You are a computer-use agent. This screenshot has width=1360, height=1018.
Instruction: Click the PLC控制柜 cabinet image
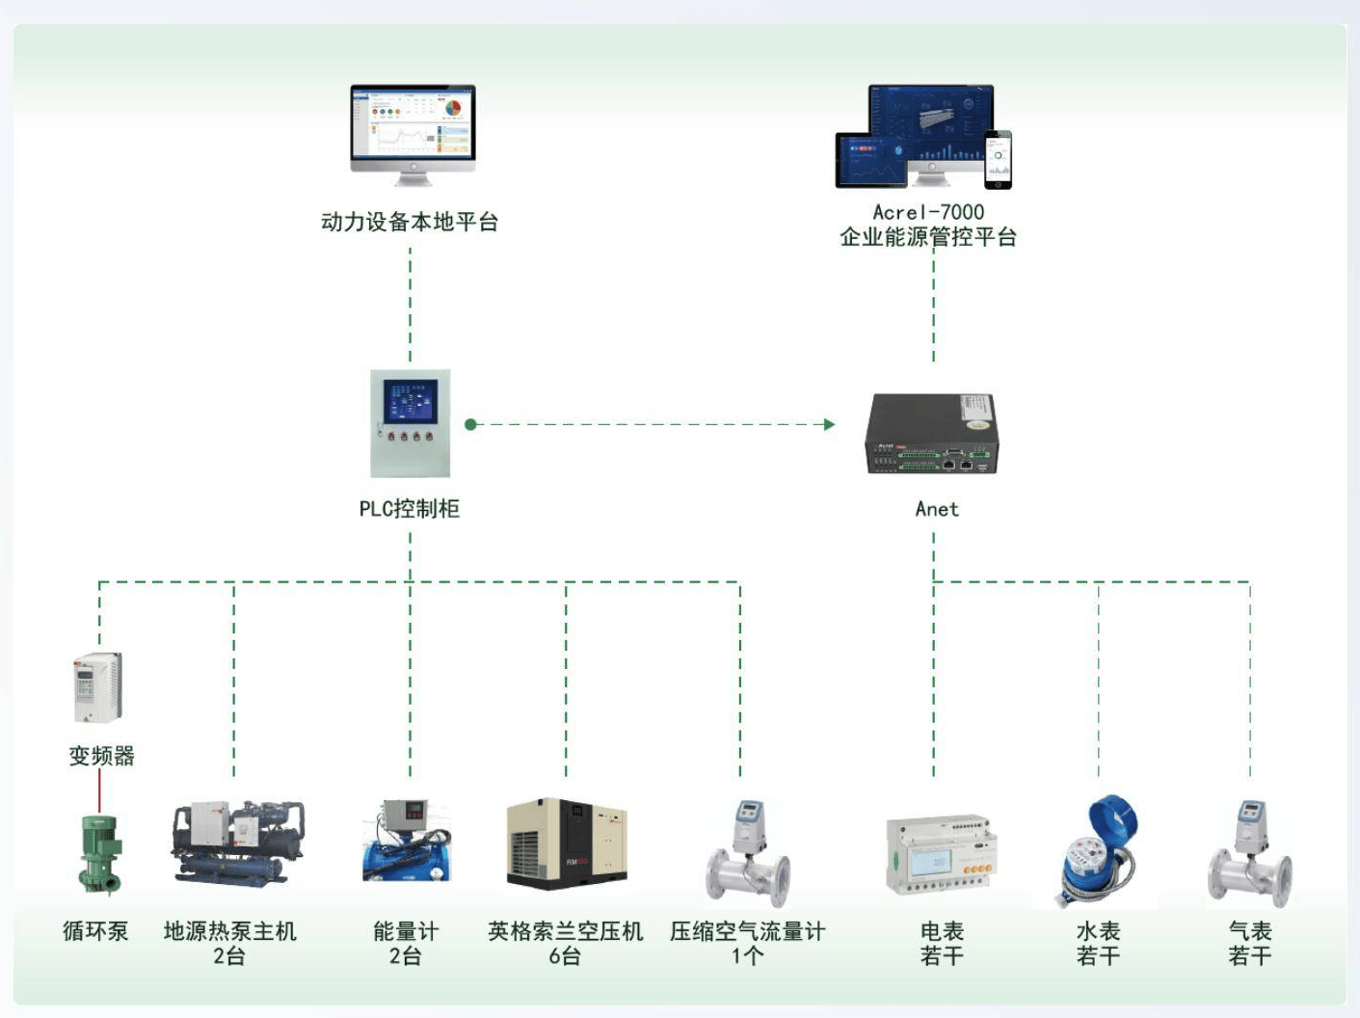[x=411, y=423]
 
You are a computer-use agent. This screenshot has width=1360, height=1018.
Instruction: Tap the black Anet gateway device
[x=932, y=434]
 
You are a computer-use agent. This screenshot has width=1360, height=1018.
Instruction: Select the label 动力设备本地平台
[x=410, y=222]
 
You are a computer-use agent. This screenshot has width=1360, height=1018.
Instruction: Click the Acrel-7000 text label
[x=928, y=212]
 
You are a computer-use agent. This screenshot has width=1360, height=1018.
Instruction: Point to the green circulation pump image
[x=99, y=855]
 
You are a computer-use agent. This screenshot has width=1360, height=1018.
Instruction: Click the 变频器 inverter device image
[x=98, y=687]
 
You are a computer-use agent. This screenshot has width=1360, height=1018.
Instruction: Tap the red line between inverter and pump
[x=99, y=790]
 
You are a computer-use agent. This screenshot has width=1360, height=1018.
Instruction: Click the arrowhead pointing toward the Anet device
[x=830, y=424]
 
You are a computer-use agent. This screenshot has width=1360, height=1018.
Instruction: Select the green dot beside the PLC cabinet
[x=471, y=424]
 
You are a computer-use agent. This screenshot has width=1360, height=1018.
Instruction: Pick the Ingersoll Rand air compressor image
[x=567, y=844]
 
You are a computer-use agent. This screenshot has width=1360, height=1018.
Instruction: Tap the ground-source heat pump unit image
[x=238, y=843]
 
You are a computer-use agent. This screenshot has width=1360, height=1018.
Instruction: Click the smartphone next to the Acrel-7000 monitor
[x=998, y=159]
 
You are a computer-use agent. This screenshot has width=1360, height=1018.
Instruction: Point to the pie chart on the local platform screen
[x=453, y=108]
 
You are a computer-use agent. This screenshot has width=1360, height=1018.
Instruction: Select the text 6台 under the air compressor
[x=565, y=956]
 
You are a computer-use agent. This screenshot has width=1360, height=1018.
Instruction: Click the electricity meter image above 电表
[x=941, y=855]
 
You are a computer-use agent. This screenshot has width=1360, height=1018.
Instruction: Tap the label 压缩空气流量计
[x=747, y=931]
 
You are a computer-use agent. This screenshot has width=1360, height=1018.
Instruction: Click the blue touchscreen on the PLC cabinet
[x=411, y=401]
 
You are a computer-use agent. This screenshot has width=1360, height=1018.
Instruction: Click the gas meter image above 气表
[x=1250, y=854]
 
